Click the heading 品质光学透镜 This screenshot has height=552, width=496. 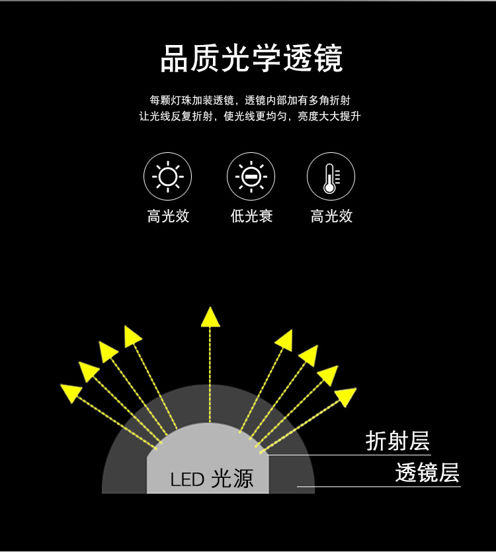pyautogui.click(x=251, y=59)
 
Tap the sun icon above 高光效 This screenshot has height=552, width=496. pyautogui.click(x=168, y=177)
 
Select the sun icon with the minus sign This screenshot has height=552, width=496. pyautogui.click(x=251, y=177)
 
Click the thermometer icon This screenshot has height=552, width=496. pyautogui.click(x=331, y=177)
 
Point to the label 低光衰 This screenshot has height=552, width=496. pyautogui.click(x=251, y=216)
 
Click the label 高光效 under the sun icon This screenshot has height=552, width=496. pyautogui.click(x=168, y=216)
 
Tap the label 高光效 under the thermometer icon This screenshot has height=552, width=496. pyautogui.click(x=331, y=216)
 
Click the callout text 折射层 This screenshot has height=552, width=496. pyautogui.click(x=397, y=441)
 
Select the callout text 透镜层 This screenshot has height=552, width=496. pyautogui.click(x=427, y=473)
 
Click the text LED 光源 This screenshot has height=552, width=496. pyautogui.click(x=212, y=479)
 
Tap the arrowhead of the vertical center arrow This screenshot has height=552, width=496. pyautogui.click(x=210, y=317)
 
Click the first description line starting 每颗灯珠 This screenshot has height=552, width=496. pyautogui.click(x=250, y=100)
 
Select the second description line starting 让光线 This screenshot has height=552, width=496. pyautogui.click(x=250, y=116)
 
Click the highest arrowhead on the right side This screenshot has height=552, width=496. pyautogui.click(x=284, y=339)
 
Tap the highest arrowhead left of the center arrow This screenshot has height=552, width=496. pyautogui.click(x=133, y=336)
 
